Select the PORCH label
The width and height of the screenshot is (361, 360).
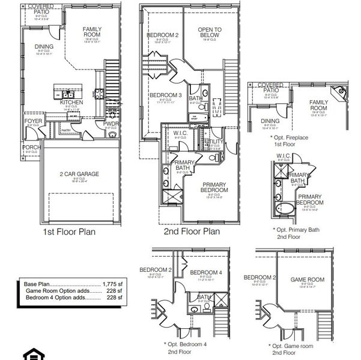point(31,148)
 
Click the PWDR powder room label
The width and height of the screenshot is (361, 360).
point(111,124)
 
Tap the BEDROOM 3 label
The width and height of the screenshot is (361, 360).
point(165,95)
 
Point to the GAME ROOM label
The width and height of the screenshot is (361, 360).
point(307,280)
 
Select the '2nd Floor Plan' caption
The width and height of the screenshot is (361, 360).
point(192,231)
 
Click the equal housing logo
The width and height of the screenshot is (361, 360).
point(31,353)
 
